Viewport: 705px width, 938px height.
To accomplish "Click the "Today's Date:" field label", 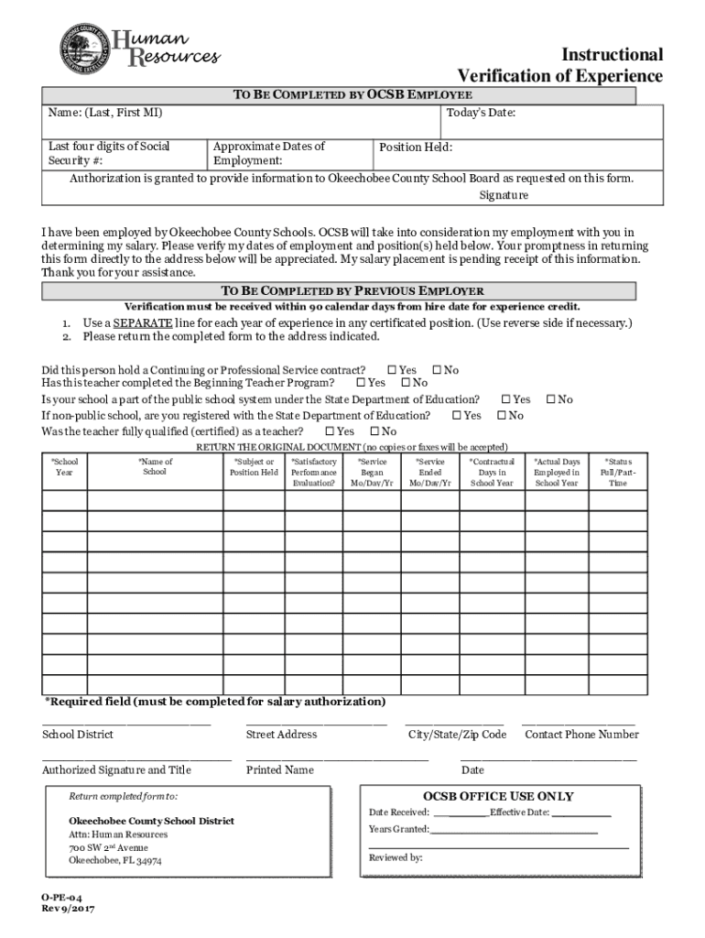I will pos(481,113).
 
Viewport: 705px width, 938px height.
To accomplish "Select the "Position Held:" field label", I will pos(416,147).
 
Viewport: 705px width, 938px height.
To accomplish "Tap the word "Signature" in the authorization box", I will pos(504,195).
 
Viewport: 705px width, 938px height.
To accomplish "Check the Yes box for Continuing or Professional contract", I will pos(392,370).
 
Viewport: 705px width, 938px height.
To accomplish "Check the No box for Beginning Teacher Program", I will pos(406,383).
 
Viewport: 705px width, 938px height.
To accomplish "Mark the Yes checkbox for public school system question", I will pos(506,399).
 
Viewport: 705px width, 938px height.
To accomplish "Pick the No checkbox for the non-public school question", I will pos(503,415).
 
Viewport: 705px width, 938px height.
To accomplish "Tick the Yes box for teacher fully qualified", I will pos(330,431).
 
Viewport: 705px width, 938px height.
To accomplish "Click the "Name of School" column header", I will pos(155,467).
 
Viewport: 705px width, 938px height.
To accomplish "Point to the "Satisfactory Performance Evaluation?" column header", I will pos(313,473).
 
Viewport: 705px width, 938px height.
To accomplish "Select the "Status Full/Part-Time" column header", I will pos(618,473).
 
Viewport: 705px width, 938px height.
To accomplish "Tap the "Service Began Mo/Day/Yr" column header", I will pos(372,473).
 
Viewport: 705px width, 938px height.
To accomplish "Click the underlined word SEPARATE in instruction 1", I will pos(139,323).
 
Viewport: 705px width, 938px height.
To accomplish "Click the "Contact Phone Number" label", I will pos(581,735).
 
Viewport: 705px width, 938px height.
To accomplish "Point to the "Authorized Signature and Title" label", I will pos(116,770).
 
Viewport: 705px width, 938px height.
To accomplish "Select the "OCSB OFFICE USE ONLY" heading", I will pos(498,796).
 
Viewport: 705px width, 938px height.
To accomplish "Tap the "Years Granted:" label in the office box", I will pos(399,829).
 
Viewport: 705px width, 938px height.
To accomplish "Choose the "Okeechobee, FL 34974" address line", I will pos(115,861).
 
